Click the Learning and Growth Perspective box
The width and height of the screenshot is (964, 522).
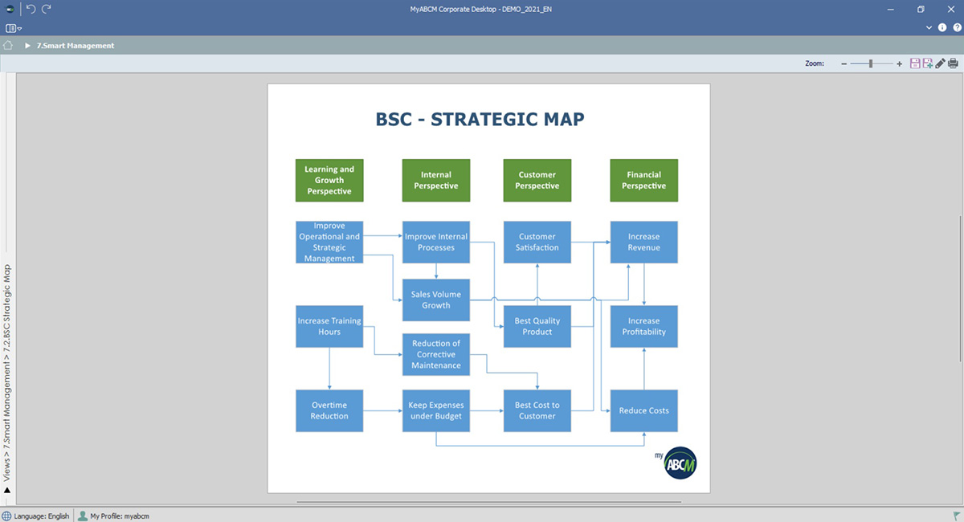pyautogui.click(x=329, y=181)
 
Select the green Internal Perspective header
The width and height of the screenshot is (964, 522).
pyautogui.click(x=436, y=181)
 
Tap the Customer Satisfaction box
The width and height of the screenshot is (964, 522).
pyautogui.click(x=537, y=242)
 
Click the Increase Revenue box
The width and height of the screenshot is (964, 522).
pyautogui.click(x=643, y=242)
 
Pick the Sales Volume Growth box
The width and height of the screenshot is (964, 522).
pyautogui.click(x=436, y=300)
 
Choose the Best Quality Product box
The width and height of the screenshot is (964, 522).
pyautogui.click(x=537, y=326)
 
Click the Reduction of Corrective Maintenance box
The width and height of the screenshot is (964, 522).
pyautogui.click(x=436, y=354)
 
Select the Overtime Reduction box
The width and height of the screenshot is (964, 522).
pyautogui.click(x=329, y=410)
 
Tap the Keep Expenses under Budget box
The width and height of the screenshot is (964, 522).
pyautogui.click(x=436, y=410)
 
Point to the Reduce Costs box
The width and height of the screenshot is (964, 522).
pyautogui.click(x=643, y=410)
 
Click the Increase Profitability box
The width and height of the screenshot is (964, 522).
pyautogui.click(x=643, y=326)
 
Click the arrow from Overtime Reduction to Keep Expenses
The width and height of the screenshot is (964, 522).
pyautogui.click(x=382, y=410)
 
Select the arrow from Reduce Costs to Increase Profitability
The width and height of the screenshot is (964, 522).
pyautogui.click(x=643, y=369)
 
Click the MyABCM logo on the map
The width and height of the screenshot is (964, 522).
pyautogui.click(x=676, y=463)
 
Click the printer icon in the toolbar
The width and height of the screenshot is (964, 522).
pyautogui.click(x=953, y=63)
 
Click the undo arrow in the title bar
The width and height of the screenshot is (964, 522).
pyautogui.click(x=31, y=9)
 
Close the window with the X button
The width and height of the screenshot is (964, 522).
pyautogui.click(x=950, y=9)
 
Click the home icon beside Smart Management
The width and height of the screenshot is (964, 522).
pyautogui.click(x=8, y=45)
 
